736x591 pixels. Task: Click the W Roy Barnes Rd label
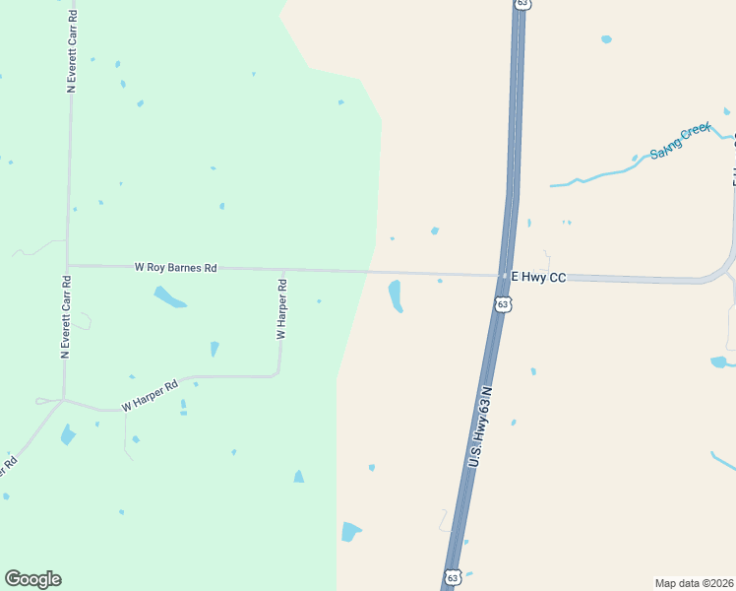coord(176,267)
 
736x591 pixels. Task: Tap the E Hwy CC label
coord(537,278)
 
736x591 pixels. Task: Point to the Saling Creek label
coord(680,143)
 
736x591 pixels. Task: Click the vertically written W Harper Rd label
coord(281,310)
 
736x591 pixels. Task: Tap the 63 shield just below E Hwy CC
coord(504,304)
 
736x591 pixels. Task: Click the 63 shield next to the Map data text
coord(452,576)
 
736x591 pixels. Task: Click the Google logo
coord(32,579)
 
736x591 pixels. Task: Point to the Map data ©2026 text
coord(695,582)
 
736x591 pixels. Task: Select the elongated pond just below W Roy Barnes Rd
coord(169,296)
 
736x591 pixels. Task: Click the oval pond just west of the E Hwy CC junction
coord(396,295)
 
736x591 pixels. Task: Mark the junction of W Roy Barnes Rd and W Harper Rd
coord(283,270)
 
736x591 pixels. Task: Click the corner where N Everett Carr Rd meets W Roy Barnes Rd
coord(68,265)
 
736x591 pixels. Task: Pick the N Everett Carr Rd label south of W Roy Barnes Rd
coord(66,316)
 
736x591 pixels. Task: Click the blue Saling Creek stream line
coord(600,175)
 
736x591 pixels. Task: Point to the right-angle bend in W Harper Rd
coord(278,374)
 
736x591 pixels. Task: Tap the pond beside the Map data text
coord(723,361)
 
